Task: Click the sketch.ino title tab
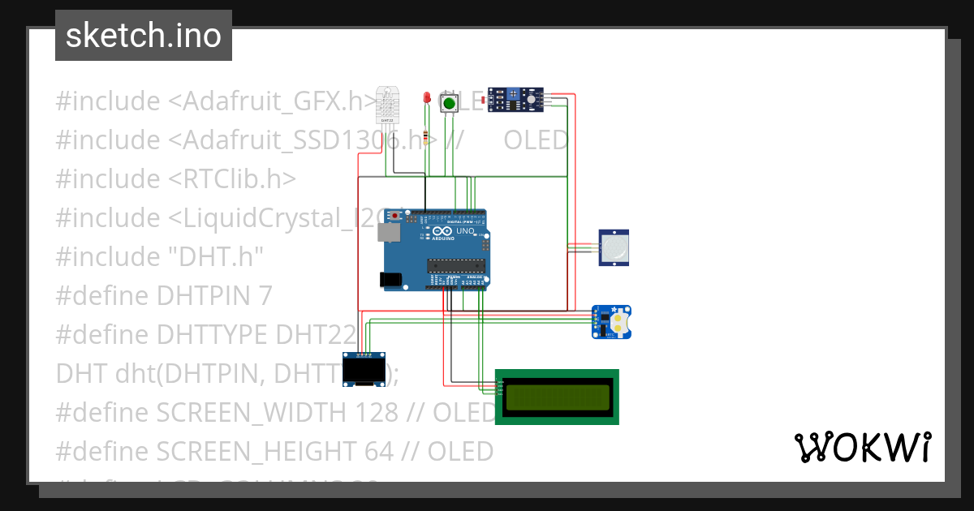click(x=144, y=36)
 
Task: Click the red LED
click(x=426, y=98)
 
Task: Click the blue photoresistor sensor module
click(x=514, y=100)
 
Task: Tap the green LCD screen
click(x=557, y=397)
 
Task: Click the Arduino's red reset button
click(x=395, y=217)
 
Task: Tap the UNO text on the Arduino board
click(x=465, y=231)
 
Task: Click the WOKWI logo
click(x=862, y=447)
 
